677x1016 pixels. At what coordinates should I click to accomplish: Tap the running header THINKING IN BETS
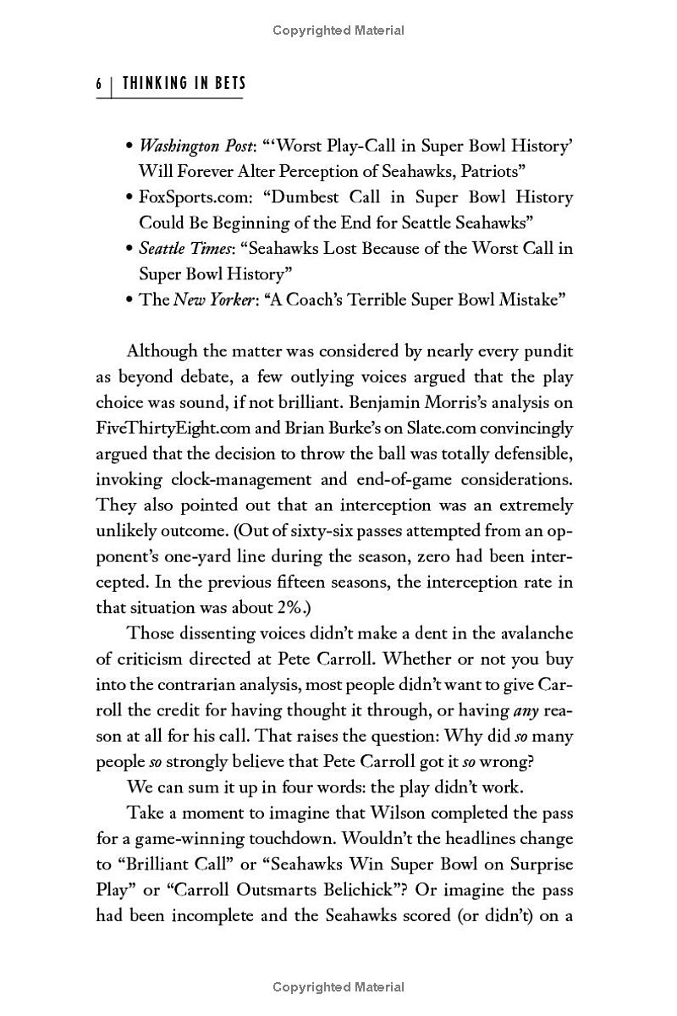pyautogui.click(x=184, y=83)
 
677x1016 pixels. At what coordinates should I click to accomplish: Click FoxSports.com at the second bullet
pyautogui.click(x=182, y=197)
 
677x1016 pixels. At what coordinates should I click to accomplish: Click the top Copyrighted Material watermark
pyautogui.click(x=338, y=30)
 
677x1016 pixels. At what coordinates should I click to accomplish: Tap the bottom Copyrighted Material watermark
pyautogui.click(x=338, y=987)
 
